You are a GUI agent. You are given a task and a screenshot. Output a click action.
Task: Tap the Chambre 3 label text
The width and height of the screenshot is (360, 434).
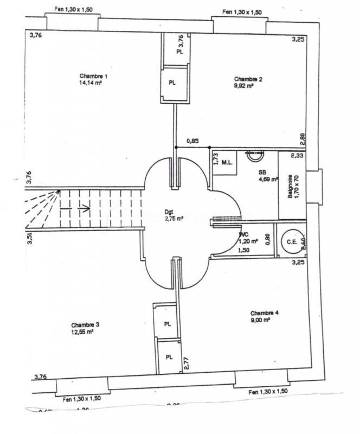coord(85,324)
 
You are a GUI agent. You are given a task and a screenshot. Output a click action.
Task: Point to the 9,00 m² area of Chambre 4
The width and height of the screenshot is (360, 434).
coord(260,320)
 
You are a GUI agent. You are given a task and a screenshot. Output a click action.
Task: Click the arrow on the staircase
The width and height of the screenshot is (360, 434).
coord(83,207)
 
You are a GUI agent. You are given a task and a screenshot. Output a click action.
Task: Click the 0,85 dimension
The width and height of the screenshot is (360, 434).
coord(192,141)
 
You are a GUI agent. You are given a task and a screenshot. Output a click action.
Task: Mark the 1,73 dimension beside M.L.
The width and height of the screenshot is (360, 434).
coord(215,159)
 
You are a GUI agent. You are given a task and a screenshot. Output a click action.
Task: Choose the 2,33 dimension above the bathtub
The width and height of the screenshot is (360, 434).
coord(297,156)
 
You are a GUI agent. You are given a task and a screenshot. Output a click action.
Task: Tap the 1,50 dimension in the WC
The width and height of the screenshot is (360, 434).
coord(243,250)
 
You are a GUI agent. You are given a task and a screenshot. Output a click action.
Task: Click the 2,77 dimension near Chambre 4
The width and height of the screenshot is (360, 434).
coord(186,362)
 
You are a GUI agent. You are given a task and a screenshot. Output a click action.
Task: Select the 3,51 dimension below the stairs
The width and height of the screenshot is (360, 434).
coord(30,239)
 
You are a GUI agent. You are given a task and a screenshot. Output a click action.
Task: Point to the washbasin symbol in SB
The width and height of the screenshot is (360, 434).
coord(254,156)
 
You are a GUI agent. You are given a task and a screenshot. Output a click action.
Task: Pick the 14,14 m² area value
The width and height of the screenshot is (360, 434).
coord(91,84)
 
